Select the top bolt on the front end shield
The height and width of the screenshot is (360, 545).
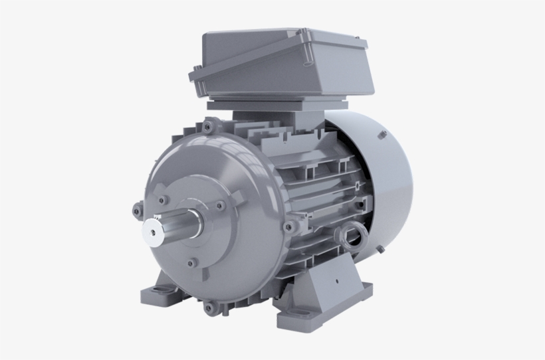click(211, 124)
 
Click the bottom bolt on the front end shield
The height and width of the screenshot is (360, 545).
click(211, 307)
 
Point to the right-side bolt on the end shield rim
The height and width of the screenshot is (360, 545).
click(288, 227)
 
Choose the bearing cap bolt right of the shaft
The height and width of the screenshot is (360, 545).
click(216, 205)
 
